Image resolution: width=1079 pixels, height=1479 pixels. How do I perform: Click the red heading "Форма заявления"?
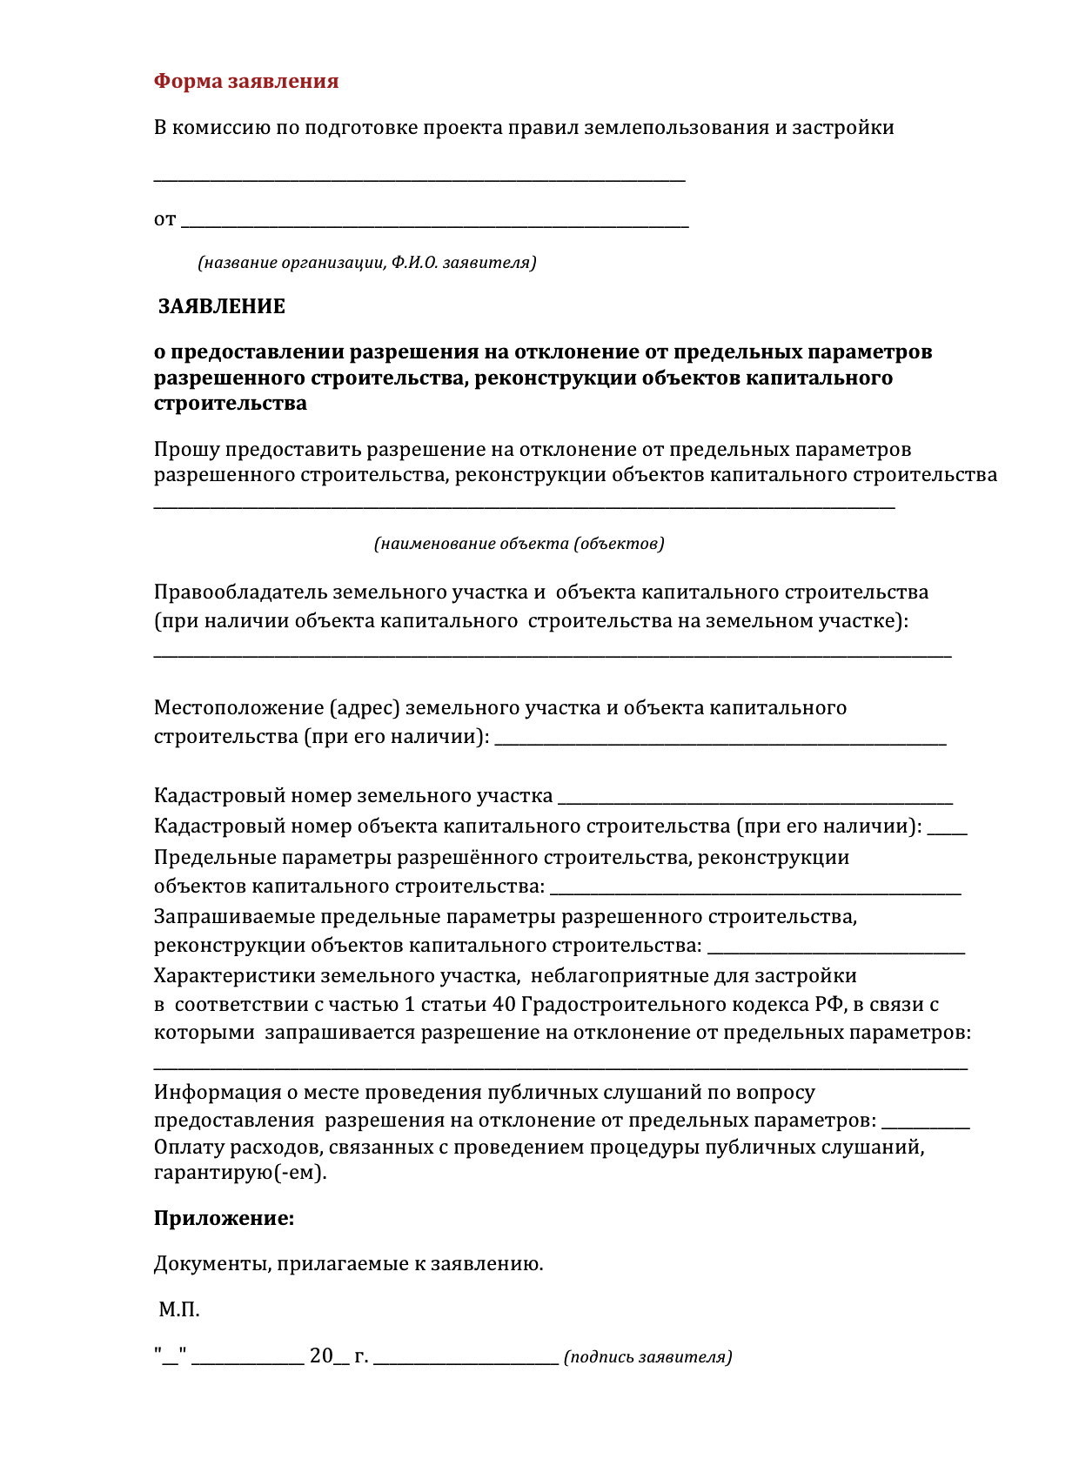(246, 82)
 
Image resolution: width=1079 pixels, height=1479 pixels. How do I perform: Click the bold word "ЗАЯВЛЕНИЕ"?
(222, 306)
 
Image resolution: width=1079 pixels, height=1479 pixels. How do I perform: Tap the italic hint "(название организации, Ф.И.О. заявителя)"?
(366, 262)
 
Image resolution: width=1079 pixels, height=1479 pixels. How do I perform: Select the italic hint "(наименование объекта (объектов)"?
(519, 544)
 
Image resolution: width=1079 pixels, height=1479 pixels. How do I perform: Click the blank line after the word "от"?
(435, 224)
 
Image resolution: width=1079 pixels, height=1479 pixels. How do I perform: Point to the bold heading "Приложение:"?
(225, 1218)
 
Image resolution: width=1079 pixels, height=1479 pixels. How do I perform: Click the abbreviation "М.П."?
(179, 1309)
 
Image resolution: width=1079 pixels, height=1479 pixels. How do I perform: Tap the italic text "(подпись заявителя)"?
(648, 1356)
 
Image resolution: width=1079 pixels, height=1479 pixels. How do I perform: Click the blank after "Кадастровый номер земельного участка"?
(755, 800)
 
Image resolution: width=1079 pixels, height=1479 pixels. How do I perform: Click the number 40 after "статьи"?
(504, 1004)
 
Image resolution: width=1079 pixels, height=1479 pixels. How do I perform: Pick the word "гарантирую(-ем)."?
(240, 1172)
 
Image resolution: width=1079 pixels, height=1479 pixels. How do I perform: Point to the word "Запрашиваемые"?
(233, 917)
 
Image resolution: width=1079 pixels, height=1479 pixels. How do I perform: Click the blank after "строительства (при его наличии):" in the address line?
(720, 740)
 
